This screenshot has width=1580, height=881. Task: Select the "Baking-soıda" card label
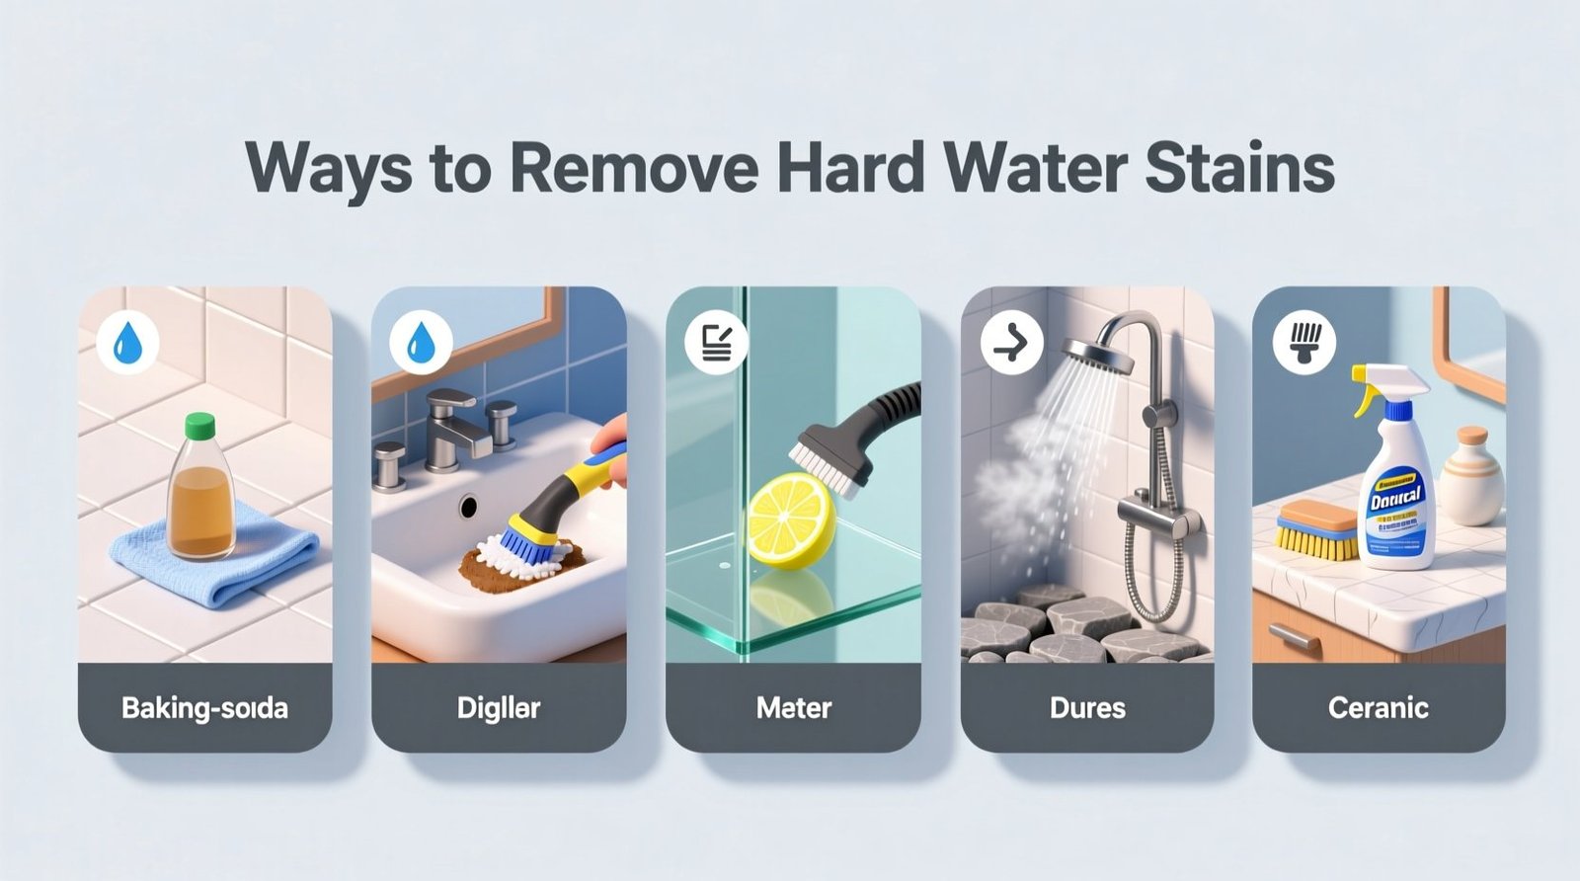tap(204, 708)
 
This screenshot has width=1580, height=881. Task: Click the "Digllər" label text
tap(499, 708)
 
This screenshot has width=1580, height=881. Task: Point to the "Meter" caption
tap(794, 708)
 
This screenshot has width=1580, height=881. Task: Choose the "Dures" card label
tap(1087, 708)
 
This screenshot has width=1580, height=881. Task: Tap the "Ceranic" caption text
tap(1379, 708)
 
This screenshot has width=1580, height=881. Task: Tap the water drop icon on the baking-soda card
tap(128, 343)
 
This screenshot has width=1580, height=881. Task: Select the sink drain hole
tap(468, 507)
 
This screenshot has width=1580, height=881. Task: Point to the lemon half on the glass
tap(790, 520)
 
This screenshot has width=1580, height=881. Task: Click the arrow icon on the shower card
tap(1011, 343)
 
